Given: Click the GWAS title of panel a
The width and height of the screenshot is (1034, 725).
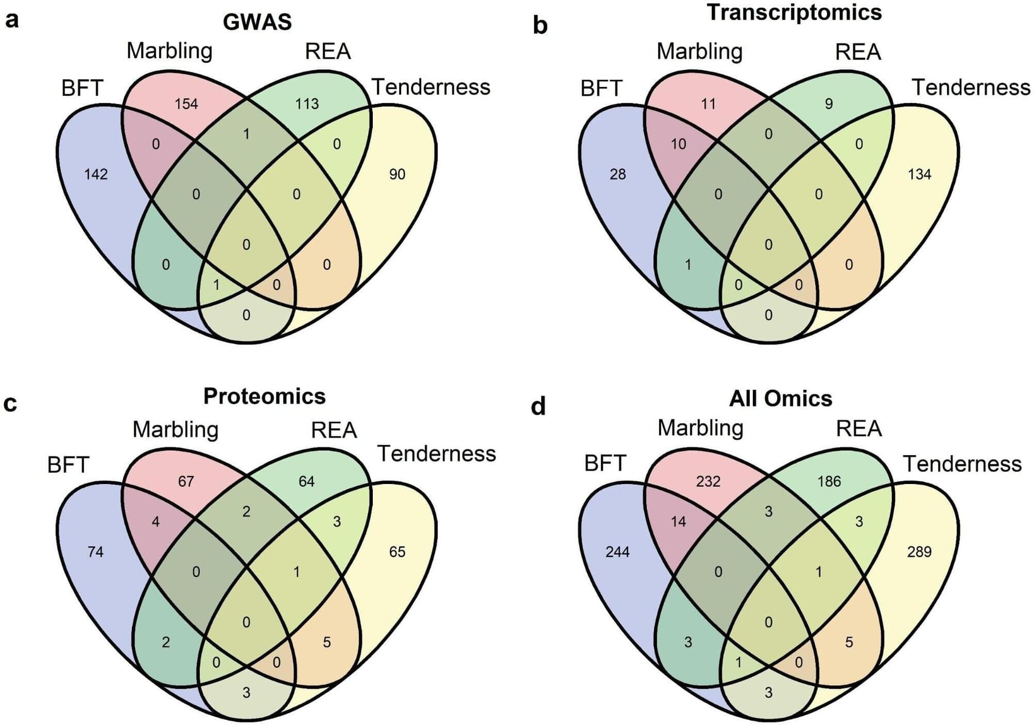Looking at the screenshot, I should pyautogui.click(x=257, y=22).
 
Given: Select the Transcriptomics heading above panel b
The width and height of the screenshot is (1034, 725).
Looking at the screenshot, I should pyautogui.click(x=794, y=12).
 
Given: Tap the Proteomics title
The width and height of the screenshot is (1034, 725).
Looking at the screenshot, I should pyautogui.click(x=264, y=396).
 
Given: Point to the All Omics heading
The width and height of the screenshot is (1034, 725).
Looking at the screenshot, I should pyautogui.click(x=780, y=398).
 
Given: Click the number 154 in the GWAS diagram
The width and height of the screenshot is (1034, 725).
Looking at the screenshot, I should pyautogui.click(x=186, y=104).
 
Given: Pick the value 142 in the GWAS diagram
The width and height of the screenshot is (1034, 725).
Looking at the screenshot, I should pyautogui.click(x=96, y=174).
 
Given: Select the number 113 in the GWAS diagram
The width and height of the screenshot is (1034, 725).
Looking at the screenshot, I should pyautogui.click(x=307, y=104).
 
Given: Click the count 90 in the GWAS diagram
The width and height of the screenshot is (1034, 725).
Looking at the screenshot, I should pyautogui.click(x=397, y=174).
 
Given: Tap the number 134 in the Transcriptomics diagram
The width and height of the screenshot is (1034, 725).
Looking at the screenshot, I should pyautogui.click(x=919, y=174).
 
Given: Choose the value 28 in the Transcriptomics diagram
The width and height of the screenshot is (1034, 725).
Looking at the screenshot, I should pyautogui.click(x=618, y=174).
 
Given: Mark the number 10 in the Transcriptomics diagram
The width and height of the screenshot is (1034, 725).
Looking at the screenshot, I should pyautogui.click(x=678, y=144).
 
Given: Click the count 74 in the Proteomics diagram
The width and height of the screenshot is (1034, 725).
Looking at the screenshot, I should pyautogui.click(x=96, y=552).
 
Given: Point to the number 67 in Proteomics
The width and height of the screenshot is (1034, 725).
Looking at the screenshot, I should pyautogui.click(x=186, y=481).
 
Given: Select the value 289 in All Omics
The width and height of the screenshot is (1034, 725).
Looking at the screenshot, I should pyautogui.click(x=919, y=552).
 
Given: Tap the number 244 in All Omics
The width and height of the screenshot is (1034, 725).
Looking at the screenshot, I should pyautogui.click(x=618, y=552).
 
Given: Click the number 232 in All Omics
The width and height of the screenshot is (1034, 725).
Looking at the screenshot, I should pyautogui.click(x=708, y=481).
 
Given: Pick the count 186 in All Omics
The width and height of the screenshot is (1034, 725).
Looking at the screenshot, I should pyautogui.click(x=829, y=481).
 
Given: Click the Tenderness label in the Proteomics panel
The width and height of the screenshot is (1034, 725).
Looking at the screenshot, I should pyautogui.click(x=436, y=454).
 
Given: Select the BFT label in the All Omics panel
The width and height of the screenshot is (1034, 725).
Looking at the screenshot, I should pyautogui.click(x=605, y=463).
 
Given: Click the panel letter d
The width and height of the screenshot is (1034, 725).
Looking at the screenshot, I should pyautogui.click(x=538, y=406).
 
